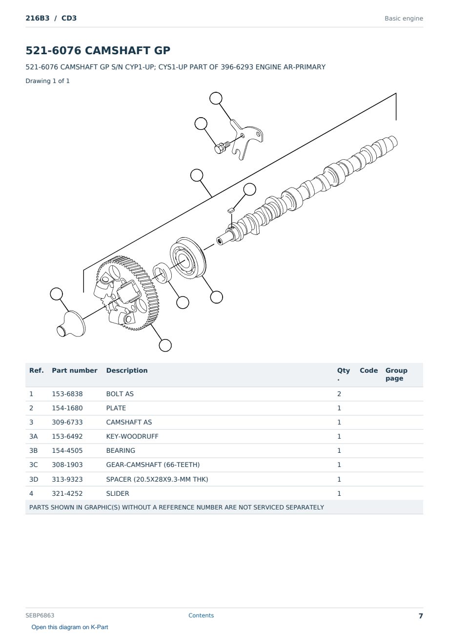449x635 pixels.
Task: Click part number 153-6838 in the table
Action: [x=67, y=394]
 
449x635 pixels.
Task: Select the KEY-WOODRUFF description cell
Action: [x=132, y=436]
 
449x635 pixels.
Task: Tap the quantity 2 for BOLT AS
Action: [x=339, y=394]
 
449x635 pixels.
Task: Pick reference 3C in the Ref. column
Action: [x=33, y=465]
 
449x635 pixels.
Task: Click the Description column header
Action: [x=126, y=370]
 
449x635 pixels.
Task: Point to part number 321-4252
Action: [x=67, y=493]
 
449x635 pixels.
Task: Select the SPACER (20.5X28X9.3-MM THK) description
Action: [x=157, y=479]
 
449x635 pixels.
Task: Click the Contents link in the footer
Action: [x=201, y=615]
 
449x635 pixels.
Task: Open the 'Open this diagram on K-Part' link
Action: [x=70, y=627]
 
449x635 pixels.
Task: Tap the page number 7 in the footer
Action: [x=421, y=616]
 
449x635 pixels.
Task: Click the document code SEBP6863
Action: [x=40, y=615]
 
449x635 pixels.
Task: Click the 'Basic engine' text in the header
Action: [x=404, y=19]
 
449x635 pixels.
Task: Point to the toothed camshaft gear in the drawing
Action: [x=126, y=293]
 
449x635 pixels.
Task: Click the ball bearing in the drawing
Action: [x=188, y=258]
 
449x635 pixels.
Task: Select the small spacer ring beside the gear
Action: [x=162, y=273]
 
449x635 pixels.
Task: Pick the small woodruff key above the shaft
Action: [x=230, y=211]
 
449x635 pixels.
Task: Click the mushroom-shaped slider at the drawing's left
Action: [x=71, y=324]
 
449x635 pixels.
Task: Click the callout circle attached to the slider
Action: [x=57, y=294]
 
